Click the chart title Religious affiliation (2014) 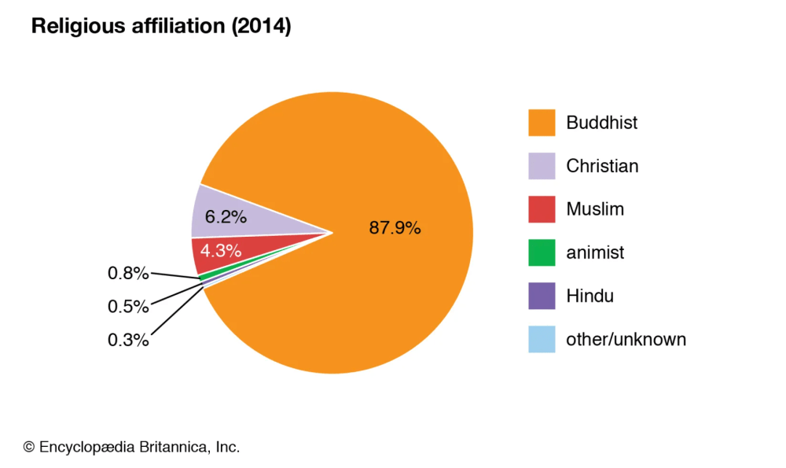(161, 27)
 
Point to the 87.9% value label (395, 228)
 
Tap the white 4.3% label (220, 252)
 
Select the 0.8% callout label (127, 274)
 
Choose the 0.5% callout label (127, 307)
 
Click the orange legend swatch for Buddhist (542, 123)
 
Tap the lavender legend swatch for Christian (542, 166)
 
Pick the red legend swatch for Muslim (542, 209)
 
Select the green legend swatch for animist (542, 252)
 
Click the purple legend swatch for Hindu (542, 296)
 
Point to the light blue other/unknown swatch (542, 339)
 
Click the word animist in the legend (595, 252)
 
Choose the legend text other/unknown (626, 339)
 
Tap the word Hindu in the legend (589, 296)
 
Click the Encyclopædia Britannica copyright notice (131, 447)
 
